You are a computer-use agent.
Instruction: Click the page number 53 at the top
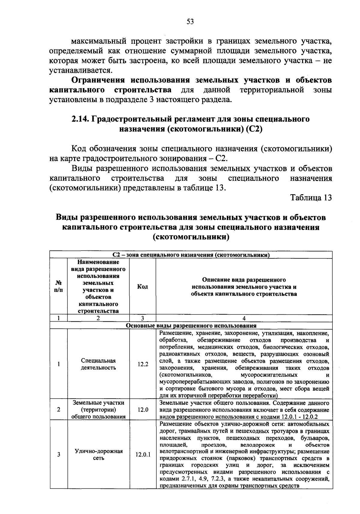click(190, 22)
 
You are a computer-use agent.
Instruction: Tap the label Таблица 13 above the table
click(311, 198)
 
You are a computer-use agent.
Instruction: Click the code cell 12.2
click(143, 364)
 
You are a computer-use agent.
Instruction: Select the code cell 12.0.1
click(143, 455)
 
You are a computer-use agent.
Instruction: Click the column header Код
click(142, 287)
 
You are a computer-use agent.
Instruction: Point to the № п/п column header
click(59, 287)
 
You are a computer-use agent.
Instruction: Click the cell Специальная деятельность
click(98, 364)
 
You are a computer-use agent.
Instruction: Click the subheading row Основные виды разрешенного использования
click(191, 326)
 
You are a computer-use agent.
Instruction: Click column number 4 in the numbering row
click(244, 318)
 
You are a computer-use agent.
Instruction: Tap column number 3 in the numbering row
click(142, 318)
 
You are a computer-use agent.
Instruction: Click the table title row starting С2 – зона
click(191, 255)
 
